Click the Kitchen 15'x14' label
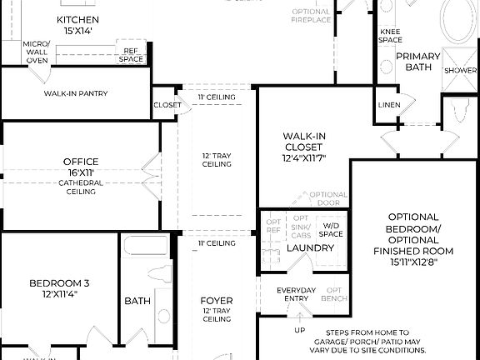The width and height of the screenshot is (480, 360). point(77,25)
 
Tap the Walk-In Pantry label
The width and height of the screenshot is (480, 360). point(76,94)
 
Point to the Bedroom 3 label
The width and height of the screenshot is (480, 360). point(59,288)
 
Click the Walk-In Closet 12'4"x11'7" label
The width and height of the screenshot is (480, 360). point(303,147)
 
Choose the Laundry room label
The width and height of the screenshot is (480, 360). point(311,248)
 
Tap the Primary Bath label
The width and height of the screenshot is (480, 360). point(417,62)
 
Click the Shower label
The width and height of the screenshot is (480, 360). point(459,71)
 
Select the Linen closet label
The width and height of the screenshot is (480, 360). point(389,105)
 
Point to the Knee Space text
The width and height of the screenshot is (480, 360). point(390,36)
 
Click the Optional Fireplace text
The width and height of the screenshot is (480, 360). point(312,16)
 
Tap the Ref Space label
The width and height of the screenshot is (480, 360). point(131,54)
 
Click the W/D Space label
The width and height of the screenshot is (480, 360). point(331,229)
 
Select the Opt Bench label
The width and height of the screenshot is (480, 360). point(334,294)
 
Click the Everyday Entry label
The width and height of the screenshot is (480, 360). point(297,294)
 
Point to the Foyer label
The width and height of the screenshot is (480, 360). point(217,300)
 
